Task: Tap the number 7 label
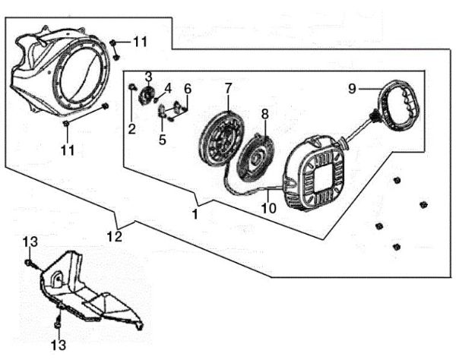pyautogui.click(x=228, y=89)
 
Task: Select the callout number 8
pyautogui.click(x=264, y=114)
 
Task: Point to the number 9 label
pyautogui.click(x=352, y=89)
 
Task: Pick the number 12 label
pyautogui.click(x=114, y=237)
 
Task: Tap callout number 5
pyautogui.click(x=162, y=139)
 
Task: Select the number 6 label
pyautogui.click(x=187, y=89)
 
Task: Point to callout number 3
pyautogui.click(x=149, y=77)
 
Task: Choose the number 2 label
pyautogui.click(x=131, y=129)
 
